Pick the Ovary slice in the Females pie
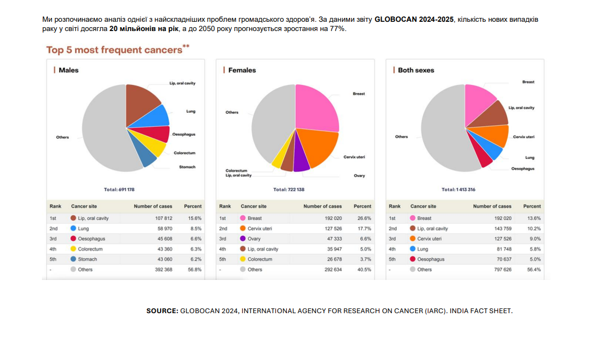[x=301, y=162]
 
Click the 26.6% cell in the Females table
[x=364, y=218]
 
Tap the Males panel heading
[x=69, y=70]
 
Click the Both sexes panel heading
[x=416, y=70]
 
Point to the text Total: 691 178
[x=119, y=190]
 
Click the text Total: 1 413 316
[x=458, y=190]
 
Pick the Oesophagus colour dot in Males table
[x=73, y=239]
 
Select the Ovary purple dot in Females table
[x=243, y=239]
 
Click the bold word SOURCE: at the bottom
[x=162, y=311]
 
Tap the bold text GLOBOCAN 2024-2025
[x=414, y=20]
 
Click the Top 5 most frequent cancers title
[x=114, y=50]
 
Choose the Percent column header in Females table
[x=363, y=206]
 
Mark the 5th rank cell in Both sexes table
[x=393, y=259]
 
